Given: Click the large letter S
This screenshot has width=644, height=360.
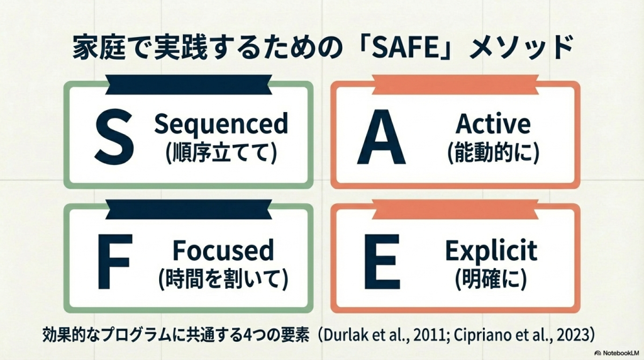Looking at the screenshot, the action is (x=114, y=137).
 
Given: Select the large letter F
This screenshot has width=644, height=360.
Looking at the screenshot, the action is (x=115, y=261).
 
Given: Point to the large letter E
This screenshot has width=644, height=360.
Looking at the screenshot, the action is (x=382, y=261).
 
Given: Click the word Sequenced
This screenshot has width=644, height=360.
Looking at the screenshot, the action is (x=221, y=124).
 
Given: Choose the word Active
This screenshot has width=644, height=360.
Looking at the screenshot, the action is (x=493, y=123).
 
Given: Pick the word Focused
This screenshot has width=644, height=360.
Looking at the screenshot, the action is (x=223, y=250).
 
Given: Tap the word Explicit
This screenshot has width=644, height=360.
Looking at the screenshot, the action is (x=491, y=250).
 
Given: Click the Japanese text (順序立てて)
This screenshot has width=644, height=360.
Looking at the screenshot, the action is (x=221, y=152).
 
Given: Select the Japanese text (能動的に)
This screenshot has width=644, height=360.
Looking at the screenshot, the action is (x=493, y=152).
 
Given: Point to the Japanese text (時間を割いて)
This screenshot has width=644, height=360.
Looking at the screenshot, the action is (x=223, y=279).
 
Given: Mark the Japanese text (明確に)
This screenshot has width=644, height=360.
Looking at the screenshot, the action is (x=491, y=279).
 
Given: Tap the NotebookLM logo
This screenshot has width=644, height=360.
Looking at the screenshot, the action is (x=617, y=353).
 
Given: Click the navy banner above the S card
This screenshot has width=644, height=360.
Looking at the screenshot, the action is (x=189, y=85).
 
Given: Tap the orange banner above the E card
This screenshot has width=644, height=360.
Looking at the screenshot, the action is (x=455, y=210).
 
